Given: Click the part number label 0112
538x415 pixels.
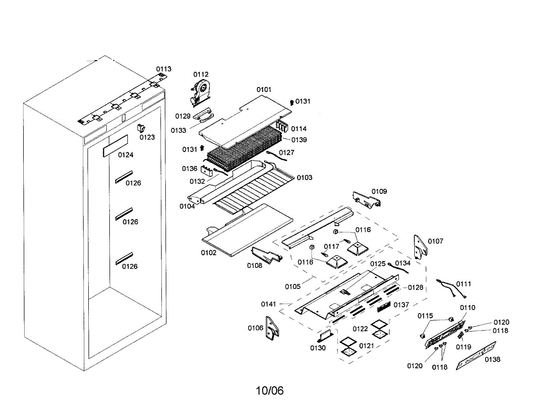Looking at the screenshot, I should click(201, 74).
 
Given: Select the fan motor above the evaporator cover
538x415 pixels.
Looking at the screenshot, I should click(200, 92).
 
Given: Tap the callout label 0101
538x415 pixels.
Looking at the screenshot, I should click(264, 90).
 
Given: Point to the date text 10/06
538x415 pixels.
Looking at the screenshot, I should click(270, 391).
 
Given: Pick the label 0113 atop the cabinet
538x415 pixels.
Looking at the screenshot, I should click(164, 69).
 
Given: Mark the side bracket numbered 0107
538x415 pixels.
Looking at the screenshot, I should click(420, 247).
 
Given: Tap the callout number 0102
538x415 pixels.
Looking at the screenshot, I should click(208, 253).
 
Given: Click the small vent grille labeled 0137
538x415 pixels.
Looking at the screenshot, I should click(384, 307).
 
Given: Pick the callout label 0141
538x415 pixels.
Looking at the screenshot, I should click(269, 304).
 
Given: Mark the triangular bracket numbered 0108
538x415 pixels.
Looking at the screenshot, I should click(267, 254).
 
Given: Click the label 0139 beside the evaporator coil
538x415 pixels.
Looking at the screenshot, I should click(299, 140).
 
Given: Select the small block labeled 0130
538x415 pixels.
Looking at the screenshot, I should click(325, 334).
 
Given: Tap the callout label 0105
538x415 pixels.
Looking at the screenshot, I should click(293, 286).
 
